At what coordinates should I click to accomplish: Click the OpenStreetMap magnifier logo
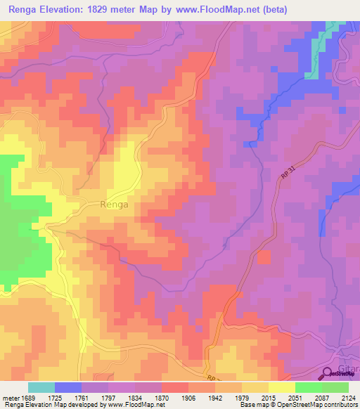[x=328, y=373]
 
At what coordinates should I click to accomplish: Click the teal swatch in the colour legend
[x=41, y=387]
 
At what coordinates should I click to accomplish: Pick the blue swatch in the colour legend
[x=68, y=387]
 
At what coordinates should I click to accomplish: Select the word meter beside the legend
[x=11, y=397]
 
